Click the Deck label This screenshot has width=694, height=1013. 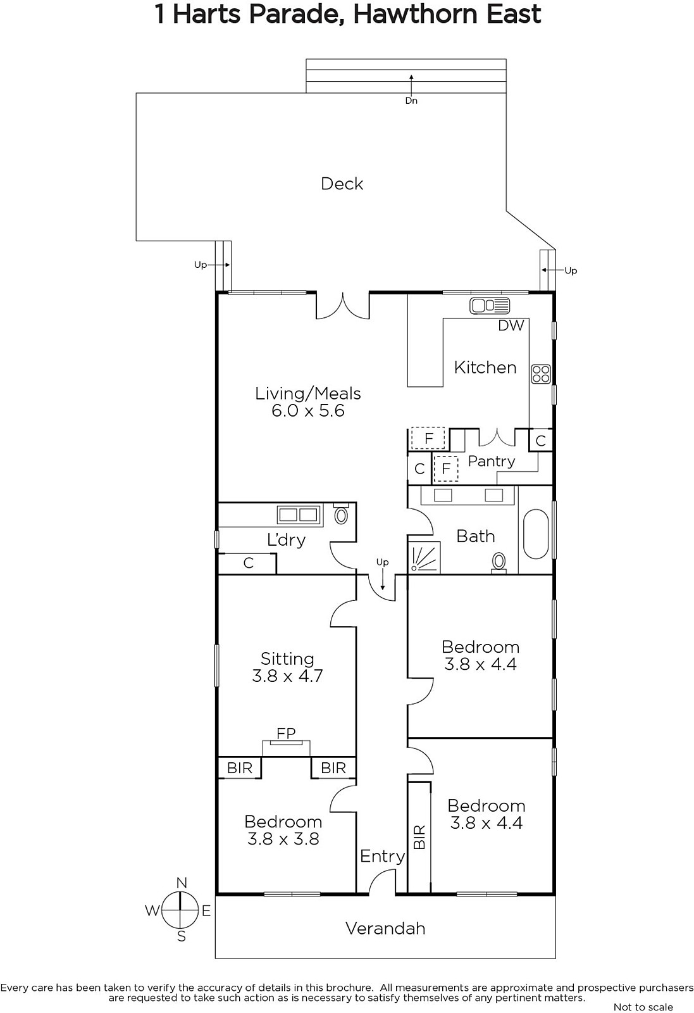pyautogui.click(x=342, y=184)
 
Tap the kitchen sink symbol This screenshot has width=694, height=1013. pyautogui.click(x=490, y=306)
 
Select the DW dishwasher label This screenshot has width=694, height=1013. pyautogui.click(x=511, y=325)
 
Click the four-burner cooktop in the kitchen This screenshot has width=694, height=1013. pyautogui.click(x=541, y=374)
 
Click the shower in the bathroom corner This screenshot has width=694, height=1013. pyautogui.click(x=424, y=558)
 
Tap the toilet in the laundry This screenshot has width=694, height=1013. pyautogui.click(x=341, y=514)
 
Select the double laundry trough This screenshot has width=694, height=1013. pyautogui.click(x=299, y=515)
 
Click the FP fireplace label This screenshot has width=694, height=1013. pyautogui.click(x=286, y=733)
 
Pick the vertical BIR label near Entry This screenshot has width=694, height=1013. pyautogui.click(x=419, y=836)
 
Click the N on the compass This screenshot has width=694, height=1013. pyautogui.click(x=181, y=883)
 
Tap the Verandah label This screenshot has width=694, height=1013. pyautogui.click(x=385, y=928)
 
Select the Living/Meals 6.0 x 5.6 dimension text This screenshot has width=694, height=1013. pyautogui.click(x=308, y=411)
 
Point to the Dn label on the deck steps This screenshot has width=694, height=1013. pyautogui.click(x=411, y=101)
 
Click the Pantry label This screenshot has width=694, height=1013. pyautogui.click(x=492, y=462)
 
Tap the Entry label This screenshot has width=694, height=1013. pyautogui.click(x=382, y=856)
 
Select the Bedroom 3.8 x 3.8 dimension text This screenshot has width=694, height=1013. pyautogui.click(x=283, y=839)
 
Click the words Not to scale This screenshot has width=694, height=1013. pyautogui.click(x=643, y=1007)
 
